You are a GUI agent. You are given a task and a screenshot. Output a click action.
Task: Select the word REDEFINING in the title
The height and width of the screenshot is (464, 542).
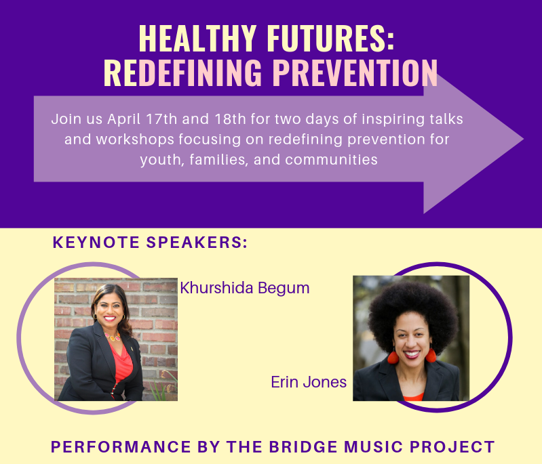(182, 72)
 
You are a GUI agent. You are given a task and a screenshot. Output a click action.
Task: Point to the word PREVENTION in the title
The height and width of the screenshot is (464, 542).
(355, 72)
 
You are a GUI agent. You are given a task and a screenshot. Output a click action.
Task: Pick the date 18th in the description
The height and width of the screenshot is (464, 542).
(230, 119)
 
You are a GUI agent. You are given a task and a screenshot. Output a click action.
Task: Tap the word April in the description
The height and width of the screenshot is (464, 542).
(123, 120)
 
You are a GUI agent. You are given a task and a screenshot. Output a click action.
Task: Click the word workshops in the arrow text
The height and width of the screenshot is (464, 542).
(135, 140)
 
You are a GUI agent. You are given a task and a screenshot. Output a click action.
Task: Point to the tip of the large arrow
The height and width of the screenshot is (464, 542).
(523, 139)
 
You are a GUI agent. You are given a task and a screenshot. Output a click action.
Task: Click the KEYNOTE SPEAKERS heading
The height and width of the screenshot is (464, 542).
(150, 242)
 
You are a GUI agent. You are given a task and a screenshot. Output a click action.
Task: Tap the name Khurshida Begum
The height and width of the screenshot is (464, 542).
(245, 289)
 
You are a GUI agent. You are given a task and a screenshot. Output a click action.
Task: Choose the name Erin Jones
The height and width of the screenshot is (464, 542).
(309, 382)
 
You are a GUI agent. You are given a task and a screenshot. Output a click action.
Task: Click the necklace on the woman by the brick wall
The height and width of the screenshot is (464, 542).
(113, 336)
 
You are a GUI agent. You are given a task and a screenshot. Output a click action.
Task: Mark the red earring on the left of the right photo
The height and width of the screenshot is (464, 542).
(393, 356)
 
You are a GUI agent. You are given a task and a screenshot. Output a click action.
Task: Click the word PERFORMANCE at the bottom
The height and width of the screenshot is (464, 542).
(121, 447)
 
